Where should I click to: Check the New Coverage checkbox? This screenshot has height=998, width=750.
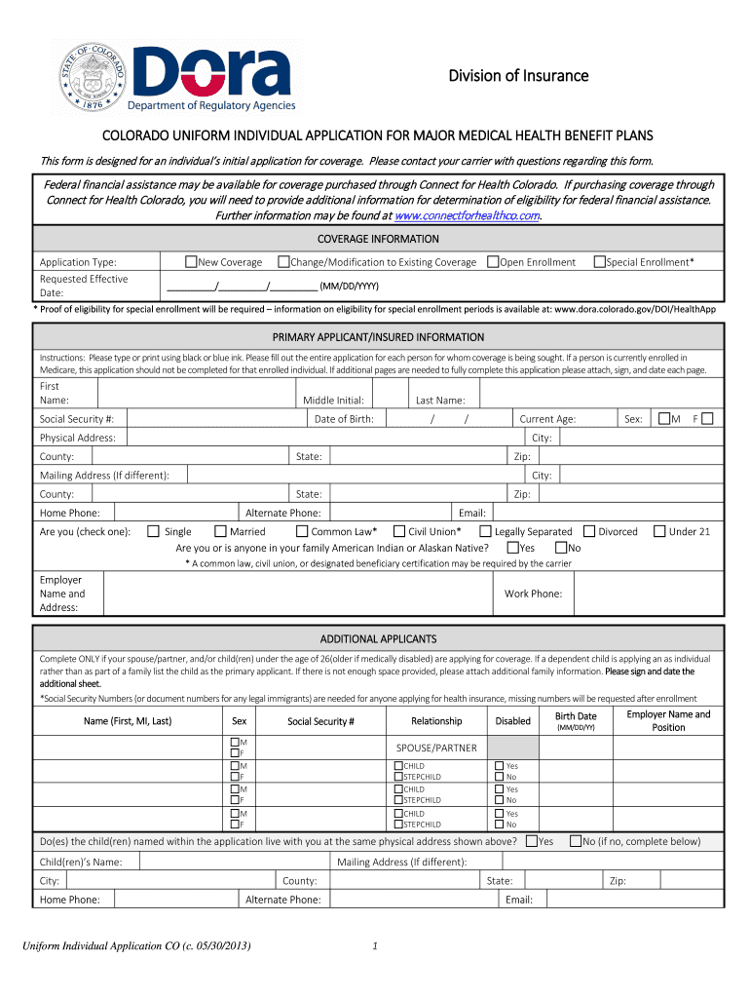pyautogui.click(x=192, y=261)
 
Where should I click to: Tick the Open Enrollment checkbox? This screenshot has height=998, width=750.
pyautogui.click(x=493, y=261)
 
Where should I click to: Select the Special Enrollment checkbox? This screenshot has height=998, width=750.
pyautogui.click(x=600, y=261)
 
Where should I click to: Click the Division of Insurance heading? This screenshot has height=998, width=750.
pyautogui.click(x=518, y=76)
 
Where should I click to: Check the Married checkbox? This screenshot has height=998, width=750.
pyautogui.click(x=220, y=531)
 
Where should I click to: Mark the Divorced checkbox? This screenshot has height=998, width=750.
pyautogui.click(x=589, y=531)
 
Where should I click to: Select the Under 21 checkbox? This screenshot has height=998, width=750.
pyautogui.click(x=659, y=531)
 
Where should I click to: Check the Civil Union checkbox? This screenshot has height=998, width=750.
pyautogui.click(x=398, y=531)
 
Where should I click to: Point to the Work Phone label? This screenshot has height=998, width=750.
pyautogui.click(x=533, y=594)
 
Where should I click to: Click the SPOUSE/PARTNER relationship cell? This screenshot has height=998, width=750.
pyautogui.click(x=436, y=748)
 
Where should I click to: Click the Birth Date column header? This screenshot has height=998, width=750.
pyautogui.click(x=576, y=716)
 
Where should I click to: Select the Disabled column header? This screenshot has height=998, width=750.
pyautogui.click(x=513, y=721)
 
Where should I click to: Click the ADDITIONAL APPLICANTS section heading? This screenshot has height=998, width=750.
pyautogui.click(x=378, y=638)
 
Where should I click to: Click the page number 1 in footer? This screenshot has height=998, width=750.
pyautogui.click(x=375, y=944)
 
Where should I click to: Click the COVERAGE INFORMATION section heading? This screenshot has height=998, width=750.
pyautogui.click(x=378, y=239)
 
